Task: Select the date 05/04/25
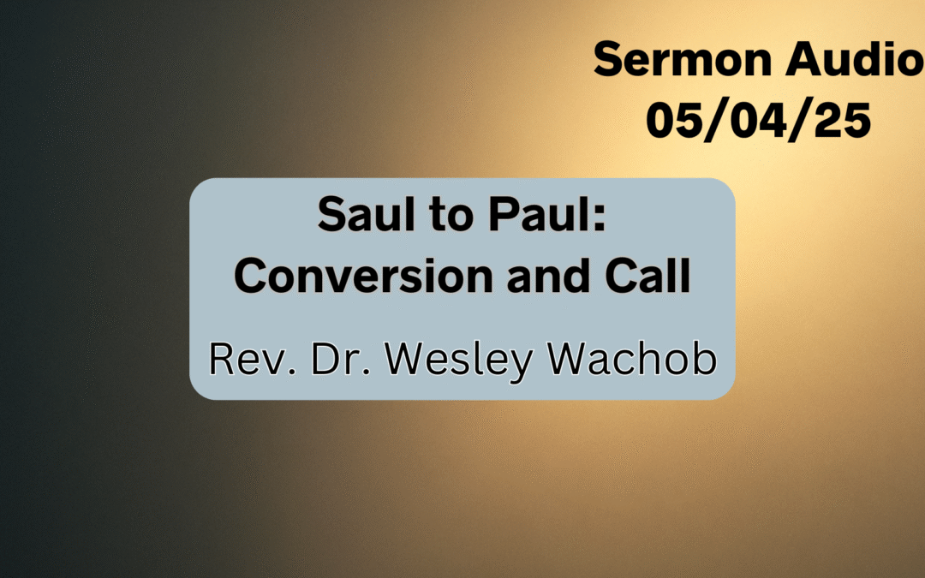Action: pyautogui.click(x=758, y=120)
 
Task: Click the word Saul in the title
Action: pyautogui.click(x=353, y=217)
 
